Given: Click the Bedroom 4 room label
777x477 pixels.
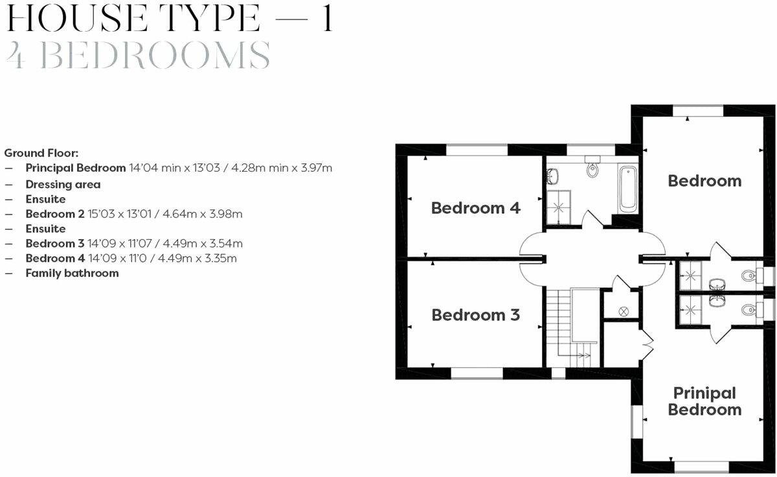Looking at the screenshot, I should tap(475, 208).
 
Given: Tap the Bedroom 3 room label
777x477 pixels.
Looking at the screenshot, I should tap(475, 315).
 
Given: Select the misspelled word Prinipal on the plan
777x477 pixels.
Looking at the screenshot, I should tap(704, 393).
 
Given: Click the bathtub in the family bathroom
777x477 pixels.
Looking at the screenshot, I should tap(627, 189).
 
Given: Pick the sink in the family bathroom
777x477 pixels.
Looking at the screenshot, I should tap(552, 175).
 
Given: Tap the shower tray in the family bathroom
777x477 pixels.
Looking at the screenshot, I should tap(555, 208).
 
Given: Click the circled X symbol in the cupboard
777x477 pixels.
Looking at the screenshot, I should tap(624, 311).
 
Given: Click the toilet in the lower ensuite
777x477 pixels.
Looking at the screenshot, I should tap(747, 308).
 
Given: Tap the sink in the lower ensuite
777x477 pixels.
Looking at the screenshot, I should tap(716, 301).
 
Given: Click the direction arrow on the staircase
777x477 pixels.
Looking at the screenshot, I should tap(581, 355).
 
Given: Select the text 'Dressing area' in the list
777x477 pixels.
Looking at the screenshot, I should tap(63, 184).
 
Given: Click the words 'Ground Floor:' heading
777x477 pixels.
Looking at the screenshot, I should tap(41, 153).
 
